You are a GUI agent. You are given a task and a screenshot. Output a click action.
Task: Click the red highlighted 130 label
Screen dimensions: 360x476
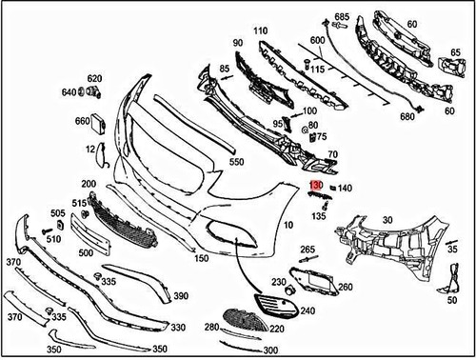(317, 188)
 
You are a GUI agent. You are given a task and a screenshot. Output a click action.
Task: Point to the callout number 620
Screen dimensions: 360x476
(94, 78)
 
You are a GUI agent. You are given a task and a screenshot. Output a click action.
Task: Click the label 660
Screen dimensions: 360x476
(83, 121)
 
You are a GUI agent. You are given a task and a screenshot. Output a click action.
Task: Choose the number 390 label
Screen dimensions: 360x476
(181, 296)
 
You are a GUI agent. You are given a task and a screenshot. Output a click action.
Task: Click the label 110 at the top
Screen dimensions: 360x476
(260, 31)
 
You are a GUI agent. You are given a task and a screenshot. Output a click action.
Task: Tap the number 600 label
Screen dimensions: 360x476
(317, 40)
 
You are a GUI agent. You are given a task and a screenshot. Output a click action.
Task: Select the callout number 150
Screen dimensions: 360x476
(201, 258)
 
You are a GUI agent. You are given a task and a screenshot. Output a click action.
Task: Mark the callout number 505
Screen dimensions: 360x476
(58, 213)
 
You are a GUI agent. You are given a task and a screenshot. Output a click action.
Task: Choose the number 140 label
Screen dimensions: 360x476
(345, 189)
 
